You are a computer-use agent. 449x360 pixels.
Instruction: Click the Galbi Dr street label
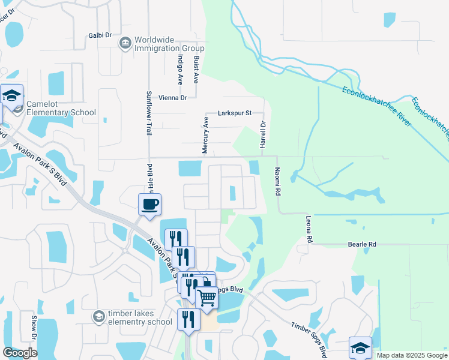point(100,35)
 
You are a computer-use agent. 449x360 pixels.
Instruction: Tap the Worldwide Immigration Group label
point(169,44)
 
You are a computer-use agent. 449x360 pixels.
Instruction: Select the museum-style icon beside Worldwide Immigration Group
point(125,42)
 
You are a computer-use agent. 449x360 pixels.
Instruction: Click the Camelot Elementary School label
point(61,108)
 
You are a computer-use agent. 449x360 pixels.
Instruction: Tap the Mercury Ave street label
point(205,135)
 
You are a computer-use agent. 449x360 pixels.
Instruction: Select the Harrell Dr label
point(262,134)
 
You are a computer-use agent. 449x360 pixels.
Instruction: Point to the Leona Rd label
point(310,230)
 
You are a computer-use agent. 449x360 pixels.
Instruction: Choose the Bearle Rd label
point(361,244)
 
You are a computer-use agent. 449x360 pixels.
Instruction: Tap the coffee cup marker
point(150,205)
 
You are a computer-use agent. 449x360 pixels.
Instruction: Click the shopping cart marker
point(207,296)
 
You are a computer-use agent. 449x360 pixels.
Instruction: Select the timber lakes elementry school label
point(140,317)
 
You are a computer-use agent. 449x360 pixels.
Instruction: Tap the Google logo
point(20,353)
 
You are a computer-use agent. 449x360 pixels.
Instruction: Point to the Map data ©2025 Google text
point(411,355)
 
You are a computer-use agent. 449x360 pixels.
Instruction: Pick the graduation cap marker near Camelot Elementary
point(12,96)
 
